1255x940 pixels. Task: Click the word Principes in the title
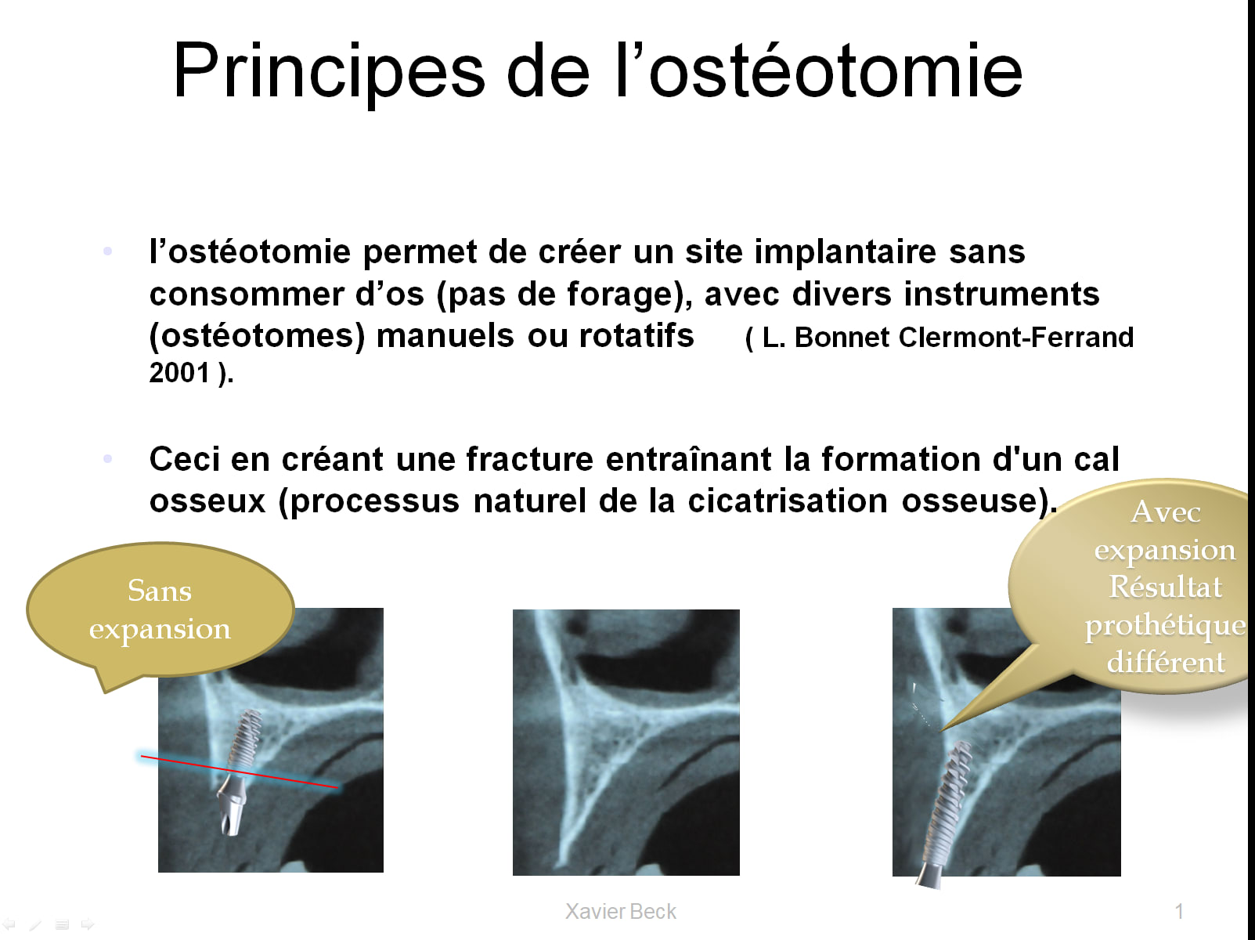pyautogui.click(x=330, y=71)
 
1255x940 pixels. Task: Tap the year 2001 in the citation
pyautogui.click(x=179, y=372)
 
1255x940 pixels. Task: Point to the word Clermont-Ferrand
pyautogui.click(x=1016, y=337)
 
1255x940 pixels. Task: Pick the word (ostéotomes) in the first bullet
pyautogui.click(x=257, y=336)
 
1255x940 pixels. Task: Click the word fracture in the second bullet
pyautogui.click(x=529, y=459)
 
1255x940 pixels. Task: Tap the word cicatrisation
pyautogui.click(x=788, y=501)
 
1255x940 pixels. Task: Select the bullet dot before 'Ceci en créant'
pyautogui.click(x=107, y=458)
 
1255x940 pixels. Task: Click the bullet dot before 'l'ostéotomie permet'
pyautogui.click(x=107, y=251)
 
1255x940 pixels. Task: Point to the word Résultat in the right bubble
pyautogui.click(x=1165, y=587)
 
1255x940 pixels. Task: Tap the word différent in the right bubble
pyautogui.click(x=1166, y=663)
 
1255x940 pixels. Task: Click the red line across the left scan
pyautogui.click(x=240, y=772)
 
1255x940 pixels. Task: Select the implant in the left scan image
pyautogui.click(x=240, y=772)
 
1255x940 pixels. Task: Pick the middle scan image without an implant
pyautogui.click(x=626, y=742)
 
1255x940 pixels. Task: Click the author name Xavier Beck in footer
pyautogui.click(x=620, y=911)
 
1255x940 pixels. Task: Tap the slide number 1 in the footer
pyautogui.click(x=1179, y=911)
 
